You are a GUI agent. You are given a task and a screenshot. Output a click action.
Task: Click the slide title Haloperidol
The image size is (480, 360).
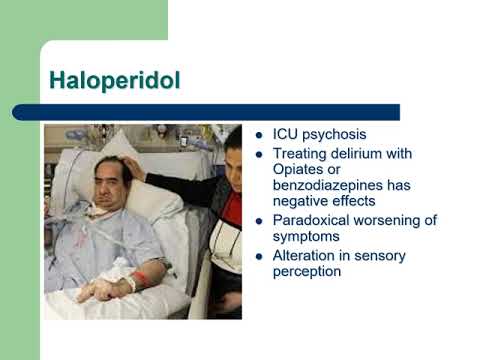(x=115, y=81)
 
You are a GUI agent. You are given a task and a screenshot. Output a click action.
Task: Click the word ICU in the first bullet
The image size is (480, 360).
(x=286, y=135)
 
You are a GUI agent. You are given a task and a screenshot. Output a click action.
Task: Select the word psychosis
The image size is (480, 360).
(x=336, y=135)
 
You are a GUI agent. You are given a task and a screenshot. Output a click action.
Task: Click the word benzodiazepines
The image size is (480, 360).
(x=327, y=186)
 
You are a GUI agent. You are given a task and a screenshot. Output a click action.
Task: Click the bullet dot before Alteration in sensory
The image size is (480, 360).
(x=260, y=256)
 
